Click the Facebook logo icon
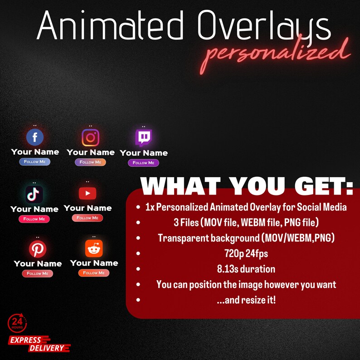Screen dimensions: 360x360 pos(35,137)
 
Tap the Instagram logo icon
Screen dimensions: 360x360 pos(90,137)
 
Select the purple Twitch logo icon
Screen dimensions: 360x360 pos(143,138)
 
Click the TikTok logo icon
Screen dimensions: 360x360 pos(34,194)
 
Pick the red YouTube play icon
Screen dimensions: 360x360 pos(87,194)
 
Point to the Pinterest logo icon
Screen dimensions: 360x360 pos(37,249)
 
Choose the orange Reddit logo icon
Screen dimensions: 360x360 pos(94,248)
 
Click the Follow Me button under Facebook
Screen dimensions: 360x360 pos(35,162)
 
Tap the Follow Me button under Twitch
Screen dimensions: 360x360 pos(143,163)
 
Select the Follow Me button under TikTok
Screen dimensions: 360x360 pos(34,219)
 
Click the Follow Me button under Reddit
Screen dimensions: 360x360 pos(94,273)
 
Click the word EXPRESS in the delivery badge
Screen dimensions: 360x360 pos(25,340)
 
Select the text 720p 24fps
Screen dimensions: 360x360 pos(246,253)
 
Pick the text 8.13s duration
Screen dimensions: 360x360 pos(246,269)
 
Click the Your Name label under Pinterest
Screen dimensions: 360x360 pos(38,263)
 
